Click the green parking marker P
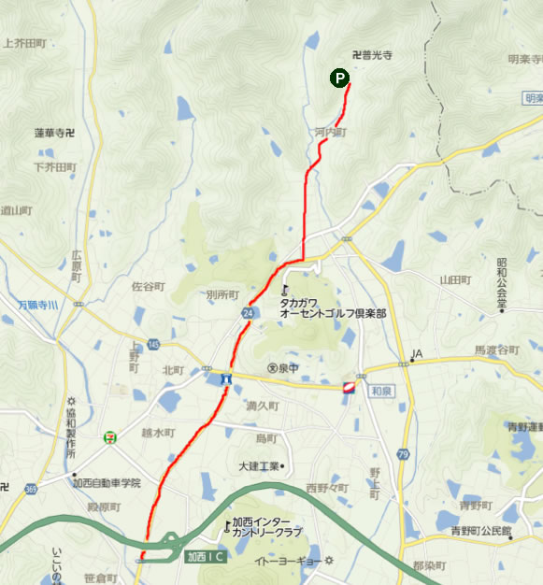(x=339, y=79)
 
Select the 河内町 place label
(x=331, y=134)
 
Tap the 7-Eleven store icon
(x=111, y=436)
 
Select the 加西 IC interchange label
(x=204, y=557)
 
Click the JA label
(x=416, y=354)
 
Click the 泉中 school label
(x=283, y=368)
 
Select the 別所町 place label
(x=222, y=295)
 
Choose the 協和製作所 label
(x=71, y=431)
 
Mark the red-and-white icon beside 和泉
(x=349, y=385)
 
